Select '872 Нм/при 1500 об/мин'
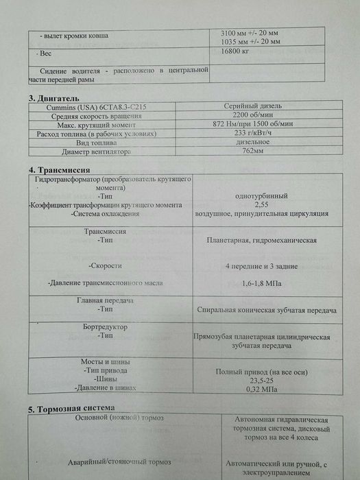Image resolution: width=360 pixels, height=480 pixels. point(255,124)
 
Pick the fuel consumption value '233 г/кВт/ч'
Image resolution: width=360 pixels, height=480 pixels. point(255,133)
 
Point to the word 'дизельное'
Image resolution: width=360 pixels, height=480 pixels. point(255,142)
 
